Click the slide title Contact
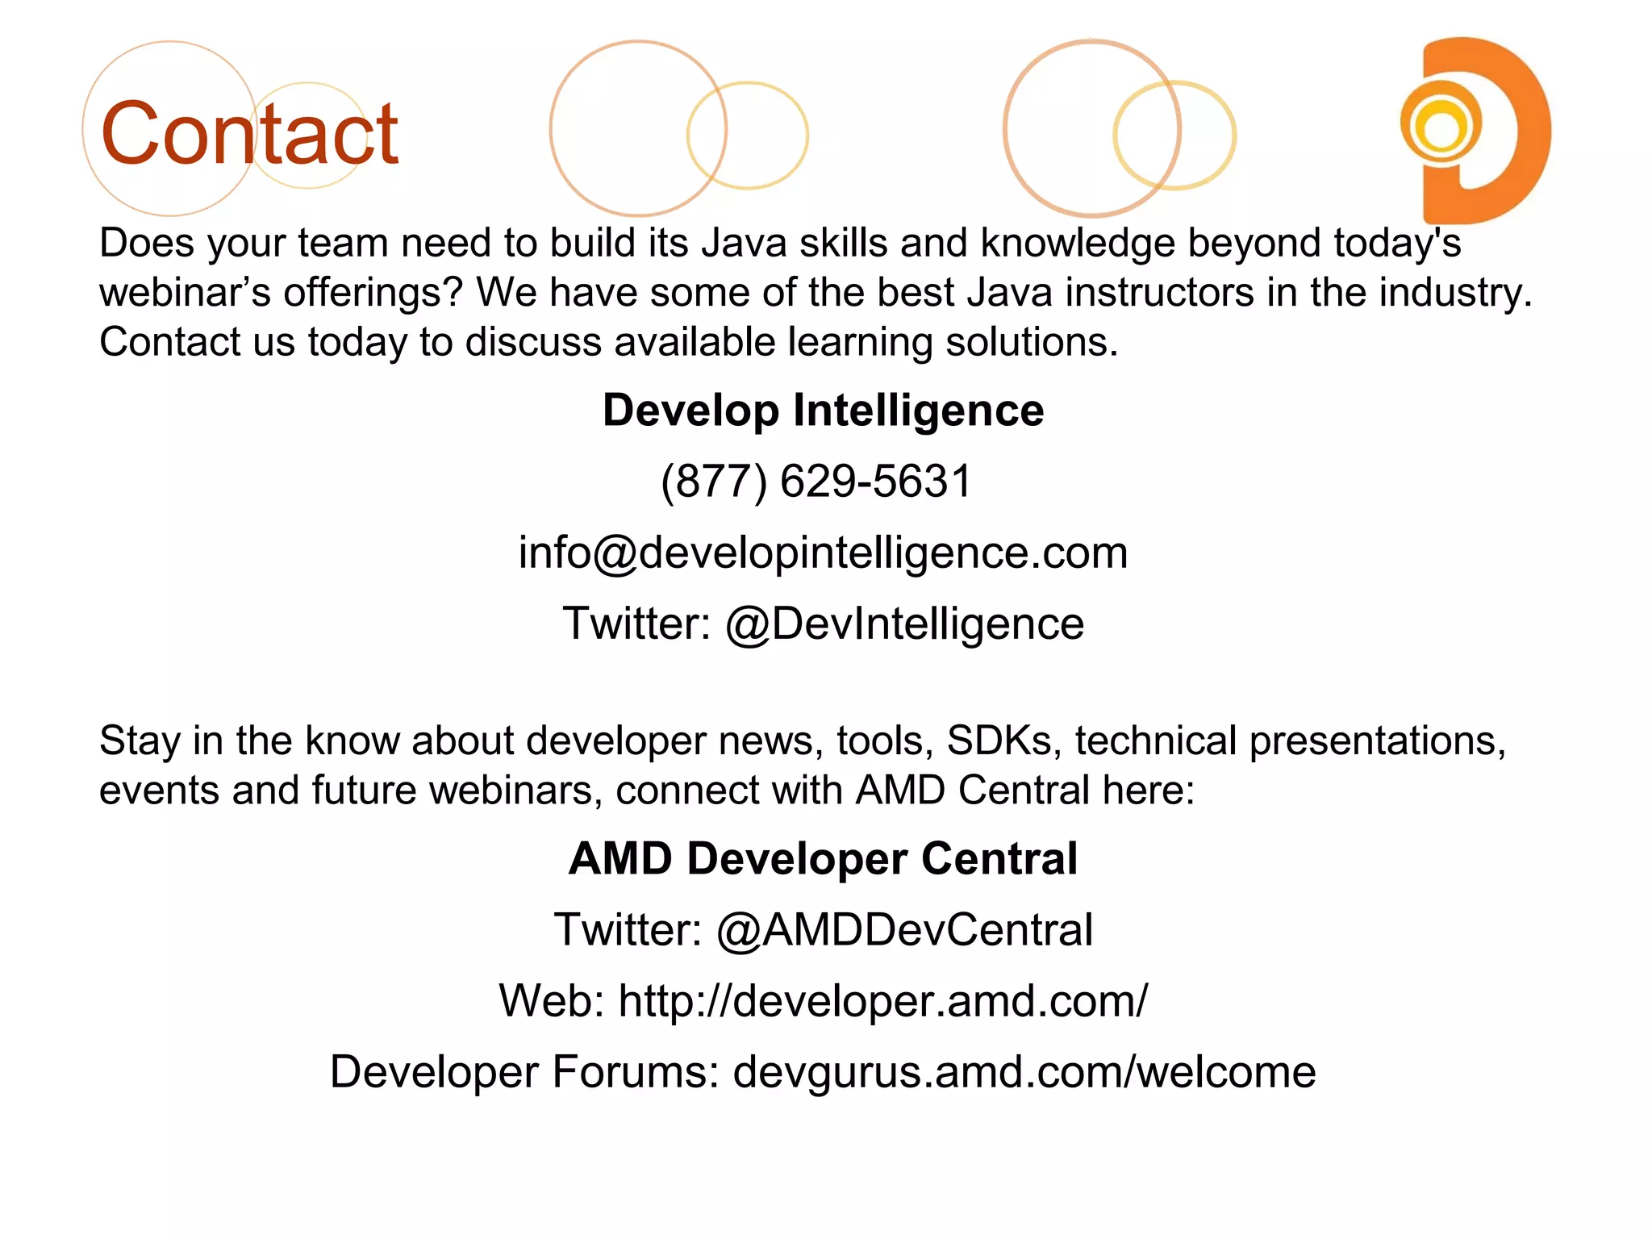click(249, 134)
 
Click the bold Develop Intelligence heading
click(823, 410)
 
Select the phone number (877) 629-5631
click(816, 482)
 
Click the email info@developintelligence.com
click(823, 553)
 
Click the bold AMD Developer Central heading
click(823, 858)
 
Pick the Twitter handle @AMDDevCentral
click(904, 929)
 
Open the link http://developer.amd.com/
click(882, 1001)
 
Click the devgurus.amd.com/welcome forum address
click(1024, 1072)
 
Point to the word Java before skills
click(744, 243)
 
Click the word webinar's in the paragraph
click(185, 293)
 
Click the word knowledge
click(1078, 243)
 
